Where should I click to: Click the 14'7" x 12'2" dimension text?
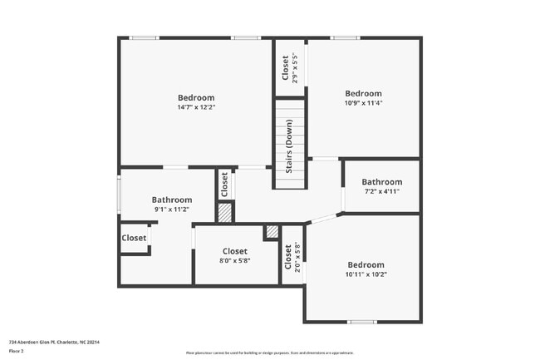pyautogui.click(x=196, y=107)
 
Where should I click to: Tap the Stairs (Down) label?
pyautogui.click(x=289, y=145)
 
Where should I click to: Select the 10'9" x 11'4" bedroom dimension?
pyautogui.click(x=363, y=104)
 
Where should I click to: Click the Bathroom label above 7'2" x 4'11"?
pyautogui.click(x=381, y=182)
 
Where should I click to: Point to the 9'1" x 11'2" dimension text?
pyautogui.click(x=171, y=210)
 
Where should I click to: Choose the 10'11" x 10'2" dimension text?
pyautogui.click(x=366, y=274)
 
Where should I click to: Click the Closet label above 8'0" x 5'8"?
pyautogui.click(x=235, y=251)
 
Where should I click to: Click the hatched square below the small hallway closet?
pyautogui.click(x=224, y=213)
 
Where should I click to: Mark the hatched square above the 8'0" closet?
pyautogui.click(x=271, y=233)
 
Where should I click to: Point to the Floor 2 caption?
pyautogui.click(x=17, y=351)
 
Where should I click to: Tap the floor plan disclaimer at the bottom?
pyautogui.click(x=269, y=353)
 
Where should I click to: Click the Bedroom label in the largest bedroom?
pyautogui.click(x=196, y=97)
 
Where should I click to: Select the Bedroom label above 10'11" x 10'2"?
pyautogui.click(x=366, y=264)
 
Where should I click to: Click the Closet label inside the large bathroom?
pyautogui.click(x=134, y=238)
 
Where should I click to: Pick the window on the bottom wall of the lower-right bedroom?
pyautogui.click(x=361, y=322)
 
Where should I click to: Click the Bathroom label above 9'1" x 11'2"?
pyautogui.click(x=171, y=200)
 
